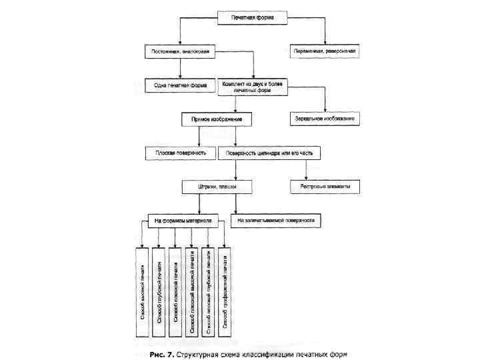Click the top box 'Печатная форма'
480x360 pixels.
coord(252,17)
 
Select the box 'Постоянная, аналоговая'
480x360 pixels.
coord(174,51)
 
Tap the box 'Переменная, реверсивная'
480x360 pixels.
coord(324,51)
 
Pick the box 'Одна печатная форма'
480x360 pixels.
coord(174,85)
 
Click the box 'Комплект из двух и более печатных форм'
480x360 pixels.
coord(253,85)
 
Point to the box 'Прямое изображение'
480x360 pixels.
coord(216,119)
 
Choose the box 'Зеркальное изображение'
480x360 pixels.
coord(325,119)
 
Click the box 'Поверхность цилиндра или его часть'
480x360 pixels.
coord(269,153)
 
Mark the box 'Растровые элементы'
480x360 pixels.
coord(325,187)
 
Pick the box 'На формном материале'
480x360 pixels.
coord(184,220)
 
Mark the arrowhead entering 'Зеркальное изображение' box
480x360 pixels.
coord(325,110)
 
